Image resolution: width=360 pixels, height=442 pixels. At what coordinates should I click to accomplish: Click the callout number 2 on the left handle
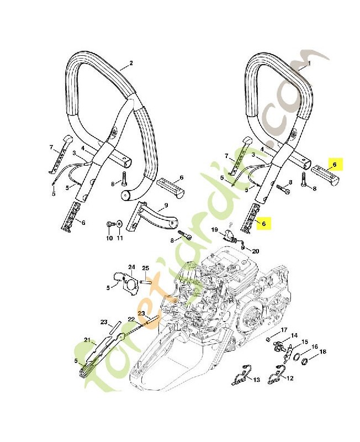[131, 64]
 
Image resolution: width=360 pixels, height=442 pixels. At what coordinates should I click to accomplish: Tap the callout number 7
[51, 148]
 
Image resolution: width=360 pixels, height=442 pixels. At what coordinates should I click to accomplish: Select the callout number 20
[255, 251]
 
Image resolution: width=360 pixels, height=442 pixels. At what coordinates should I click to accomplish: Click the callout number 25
[146, 269]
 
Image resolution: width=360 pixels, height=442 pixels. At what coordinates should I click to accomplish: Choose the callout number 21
[86, 339]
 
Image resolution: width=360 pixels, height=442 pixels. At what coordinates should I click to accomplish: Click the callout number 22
[131, 319]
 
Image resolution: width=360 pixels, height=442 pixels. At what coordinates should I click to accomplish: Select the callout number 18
[322, 352]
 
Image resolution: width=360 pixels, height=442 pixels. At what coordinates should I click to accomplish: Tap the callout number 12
[290, 378]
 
